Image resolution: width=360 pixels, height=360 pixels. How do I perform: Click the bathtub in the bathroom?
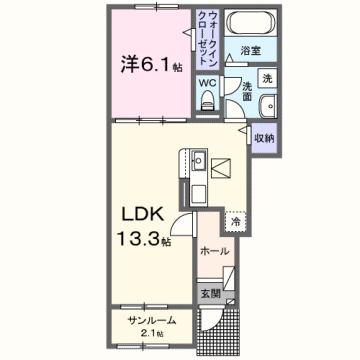(x=249, y=22)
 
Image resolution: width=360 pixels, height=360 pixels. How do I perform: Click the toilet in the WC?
(x=208, y=97)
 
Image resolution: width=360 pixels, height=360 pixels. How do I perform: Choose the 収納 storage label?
(x=263, y=139)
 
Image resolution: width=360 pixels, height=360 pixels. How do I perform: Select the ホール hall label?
(x=214, y=251)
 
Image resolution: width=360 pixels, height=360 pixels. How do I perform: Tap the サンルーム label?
(x=151, y=320)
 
